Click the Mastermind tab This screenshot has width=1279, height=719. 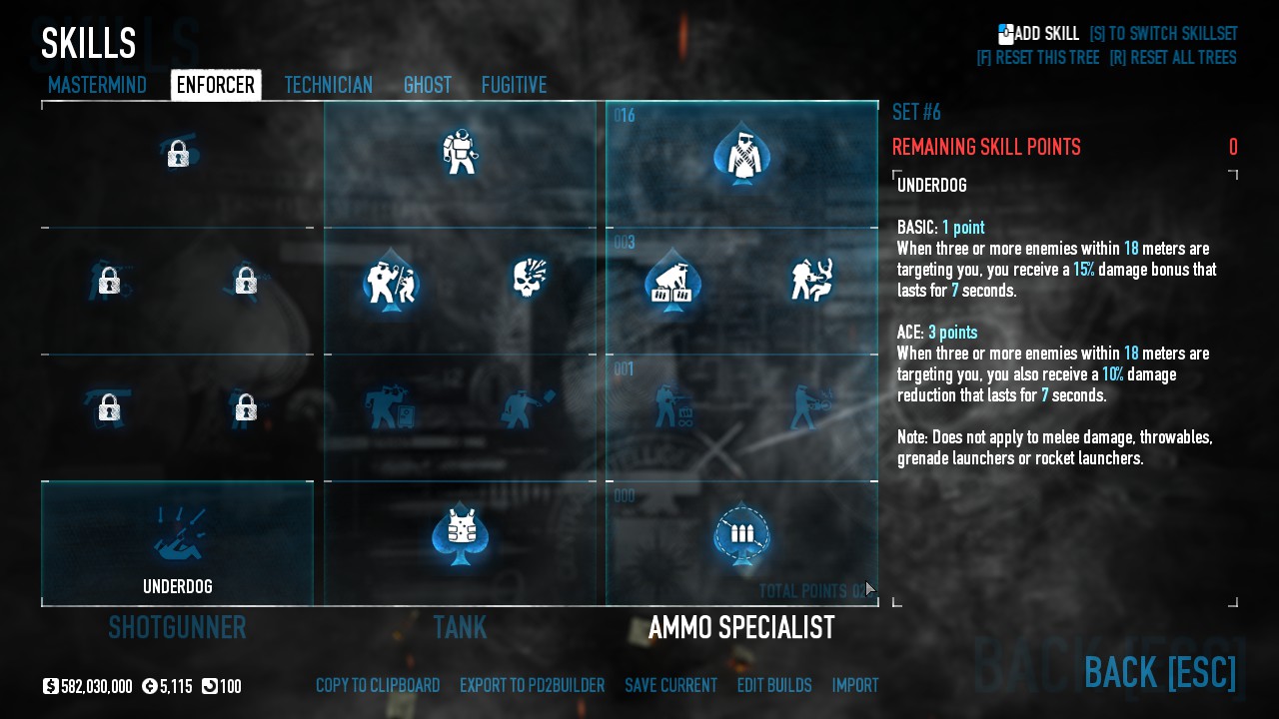pyautogui.click(x=97, y=85)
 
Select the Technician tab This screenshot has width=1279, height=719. pyautogui.click(x=328, y=85)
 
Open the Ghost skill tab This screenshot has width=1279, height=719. pyautogui.click(x=428, y=85)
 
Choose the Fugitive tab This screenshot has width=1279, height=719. pyautogui.click(x=514, y=85)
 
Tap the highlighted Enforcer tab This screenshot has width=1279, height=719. pyautogui.click(x=216, y=85)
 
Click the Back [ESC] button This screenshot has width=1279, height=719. pyautogui.click(x=1160, y=672)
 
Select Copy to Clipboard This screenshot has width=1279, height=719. pyautogui.click(x=378, y=686)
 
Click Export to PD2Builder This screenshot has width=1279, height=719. pyautogui.click(x=532, y=686)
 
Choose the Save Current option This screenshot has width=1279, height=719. pyautogui.click(x=670, y=686)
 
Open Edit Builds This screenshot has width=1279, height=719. pyautogui.click(x=774, y=686)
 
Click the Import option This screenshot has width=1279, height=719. pyautogui.click(x=855, y=686)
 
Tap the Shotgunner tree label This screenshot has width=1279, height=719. pyautogui.click(x=177, y=628)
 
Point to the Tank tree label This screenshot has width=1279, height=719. pyautogui.click(x=460, y=628)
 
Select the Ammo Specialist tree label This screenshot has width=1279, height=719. pyautogui.click(x=741, y=628)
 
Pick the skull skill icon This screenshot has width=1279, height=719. pyautogui.click(x=529, y=279)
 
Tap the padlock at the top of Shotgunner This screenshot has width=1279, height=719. pyautogui.click(x=178, y=154)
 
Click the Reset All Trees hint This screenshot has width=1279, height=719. pyautogui.click(x=1172, y=58)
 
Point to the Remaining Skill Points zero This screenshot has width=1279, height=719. pyautogui.click(x=1233, y=148)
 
